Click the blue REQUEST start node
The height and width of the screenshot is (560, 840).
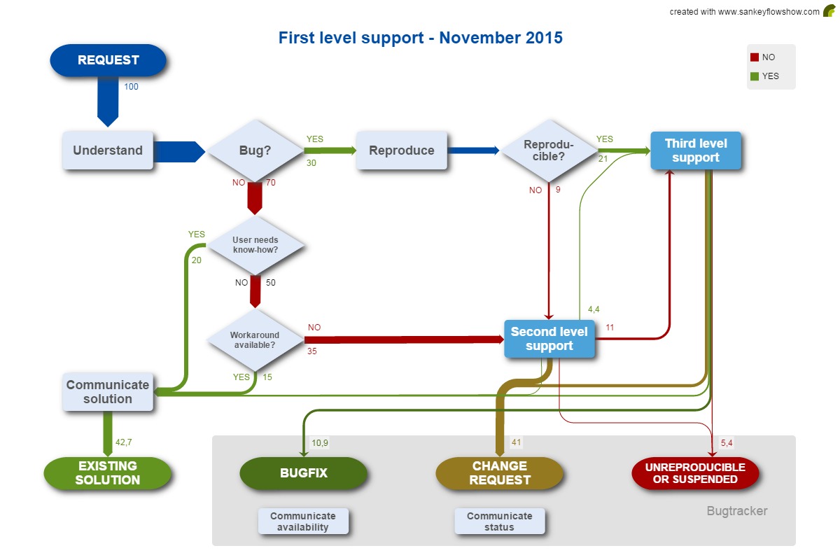pos(108,60)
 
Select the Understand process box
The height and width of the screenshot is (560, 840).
pos(108,150)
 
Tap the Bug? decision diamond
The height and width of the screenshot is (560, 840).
pos(255,150)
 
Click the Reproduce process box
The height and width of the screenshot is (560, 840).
pos(401,150)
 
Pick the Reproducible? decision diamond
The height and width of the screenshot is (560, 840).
pos(548,150)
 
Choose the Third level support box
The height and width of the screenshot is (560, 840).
pos(695,150)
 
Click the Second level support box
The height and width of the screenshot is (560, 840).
pos(549,339)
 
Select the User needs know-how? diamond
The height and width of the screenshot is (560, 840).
pos(255,245)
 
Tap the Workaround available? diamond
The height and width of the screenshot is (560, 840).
pos(255,340)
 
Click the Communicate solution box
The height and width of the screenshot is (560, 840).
pos(108,392)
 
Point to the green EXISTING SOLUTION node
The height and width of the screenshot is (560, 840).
pos(108,473)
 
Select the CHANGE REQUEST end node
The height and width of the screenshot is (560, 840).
pos(499,473)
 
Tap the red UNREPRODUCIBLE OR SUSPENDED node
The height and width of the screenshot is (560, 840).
pos(694,473)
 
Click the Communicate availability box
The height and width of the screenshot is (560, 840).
pos(303,521)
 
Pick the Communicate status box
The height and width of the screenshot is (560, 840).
pos(499,521)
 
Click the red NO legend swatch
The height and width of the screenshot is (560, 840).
pos(755,57)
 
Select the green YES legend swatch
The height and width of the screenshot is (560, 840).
pos(755,76)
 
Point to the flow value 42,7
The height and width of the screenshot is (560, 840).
pos(124,442)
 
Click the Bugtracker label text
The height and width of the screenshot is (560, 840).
pos(736,511)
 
